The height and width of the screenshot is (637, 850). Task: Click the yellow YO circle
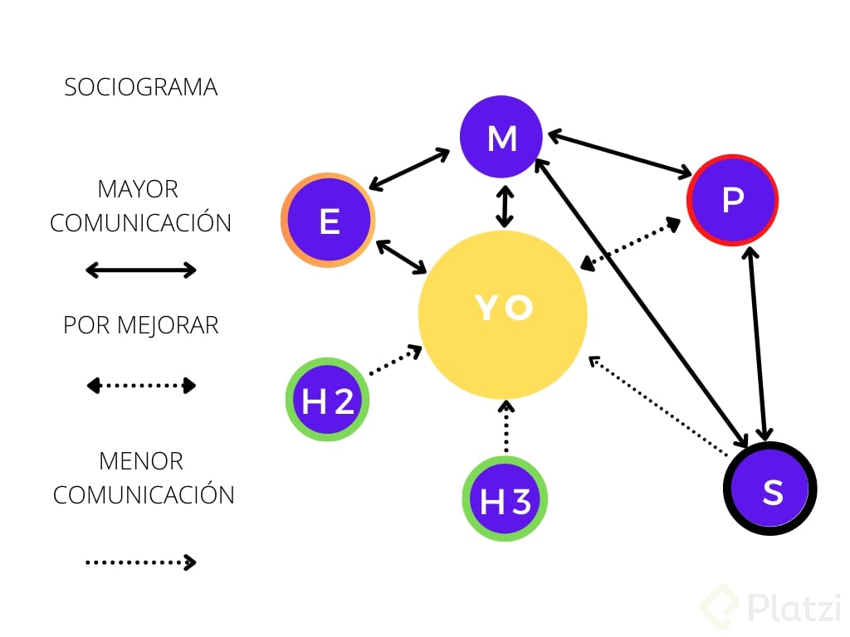pyautogui.click(x=503, y=315)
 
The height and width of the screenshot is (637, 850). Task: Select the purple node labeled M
pyautogui.click(x=501, y=138)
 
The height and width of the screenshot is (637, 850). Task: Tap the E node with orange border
pyautogui.click(x=329, y=221)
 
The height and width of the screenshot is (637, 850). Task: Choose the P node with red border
pyautogui.click(x=732, y=200)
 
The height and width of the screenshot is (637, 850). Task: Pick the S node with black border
pyautogui.click(x=770, y=489)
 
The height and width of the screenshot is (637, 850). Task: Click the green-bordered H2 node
pyautogui.click(x=328, y=400)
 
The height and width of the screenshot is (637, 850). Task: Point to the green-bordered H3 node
pyautogui.click(x=505, y=499)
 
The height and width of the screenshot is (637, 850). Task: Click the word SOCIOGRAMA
pyautogui.click(x=141, y=87)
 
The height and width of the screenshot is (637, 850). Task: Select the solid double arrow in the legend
pyautogui.click(x=141, y=270)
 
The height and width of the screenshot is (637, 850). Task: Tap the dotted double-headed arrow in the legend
pyautogui.click(x=141, y=385)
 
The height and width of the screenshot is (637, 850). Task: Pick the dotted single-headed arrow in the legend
pyautogui.click(x=141, y=562)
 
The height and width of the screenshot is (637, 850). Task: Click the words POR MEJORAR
pyautogui.click(x=141, y=325)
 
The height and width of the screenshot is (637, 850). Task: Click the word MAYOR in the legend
pyautogui.click(x=138, y=189)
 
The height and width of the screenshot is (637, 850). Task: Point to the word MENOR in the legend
pyautogui.click(x=141, y=460)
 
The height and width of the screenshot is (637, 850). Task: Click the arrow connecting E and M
pyautogui.click(x=409, y=169)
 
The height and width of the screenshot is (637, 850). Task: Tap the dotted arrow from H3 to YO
pyautogui.click(x=505, y=427)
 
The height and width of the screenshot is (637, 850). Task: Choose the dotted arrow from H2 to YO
pyautogui.click(x=395, y=361)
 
